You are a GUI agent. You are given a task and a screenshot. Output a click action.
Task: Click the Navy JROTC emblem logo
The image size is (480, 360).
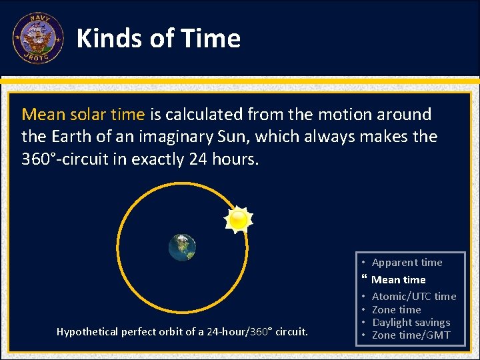[x=37, y=38]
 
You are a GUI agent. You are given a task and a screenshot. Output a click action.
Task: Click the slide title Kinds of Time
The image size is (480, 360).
[x=159, y=39]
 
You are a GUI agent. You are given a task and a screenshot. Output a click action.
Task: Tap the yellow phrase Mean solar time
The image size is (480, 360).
[x=83, y=114]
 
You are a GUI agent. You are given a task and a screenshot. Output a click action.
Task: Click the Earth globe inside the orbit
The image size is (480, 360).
[x=182, y=247]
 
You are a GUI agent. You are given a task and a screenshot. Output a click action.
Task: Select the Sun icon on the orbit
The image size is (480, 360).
[x=237, y=219]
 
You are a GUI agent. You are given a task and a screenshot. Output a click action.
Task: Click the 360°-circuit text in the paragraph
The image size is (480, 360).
[x=73, y=159]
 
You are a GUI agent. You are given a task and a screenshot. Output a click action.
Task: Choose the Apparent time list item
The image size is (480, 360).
[x=407, y=262]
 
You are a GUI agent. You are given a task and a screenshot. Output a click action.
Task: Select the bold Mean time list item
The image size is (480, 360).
[x=398, y=280]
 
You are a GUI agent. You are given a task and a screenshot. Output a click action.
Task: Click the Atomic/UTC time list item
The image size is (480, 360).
[x=413, y=296]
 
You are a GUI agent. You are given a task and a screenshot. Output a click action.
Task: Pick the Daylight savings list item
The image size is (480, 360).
[x=411, y=322]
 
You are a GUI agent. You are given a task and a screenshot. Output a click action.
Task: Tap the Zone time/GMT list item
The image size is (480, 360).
[x=411, y=335]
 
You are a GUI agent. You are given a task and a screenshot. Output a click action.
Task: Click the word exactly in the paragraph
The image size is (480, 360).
[x=168, y=159]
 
